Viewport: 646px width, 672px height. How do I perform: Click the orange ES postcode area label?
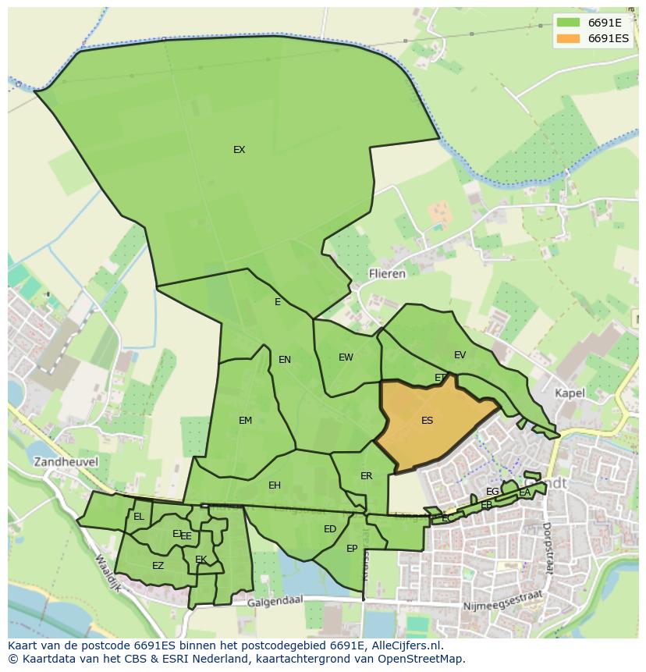427,421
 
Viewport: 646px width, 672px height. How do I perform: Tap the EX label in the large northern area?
239,150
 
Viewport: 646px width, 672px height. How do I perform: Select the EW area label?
346,357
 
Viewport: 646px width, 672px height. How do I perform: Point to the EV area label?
460,355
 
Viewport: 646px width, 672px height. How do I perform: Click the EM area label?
245,421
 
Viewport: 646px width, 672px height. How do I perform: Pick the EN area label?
284,360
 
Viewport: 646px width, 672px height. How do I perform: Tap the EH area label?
274,485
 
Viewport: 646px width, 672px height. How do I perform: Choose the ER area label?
366,476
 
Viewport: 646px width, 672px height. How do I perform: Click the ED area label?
329,529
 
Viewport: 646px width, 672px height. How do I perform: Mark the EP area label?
352,549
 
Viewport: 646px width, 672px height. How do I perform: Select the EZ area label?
158,566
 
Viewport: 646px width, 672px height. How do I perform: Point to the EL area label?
138,517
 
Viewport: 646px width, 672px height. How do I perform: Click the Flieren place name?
387,274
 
